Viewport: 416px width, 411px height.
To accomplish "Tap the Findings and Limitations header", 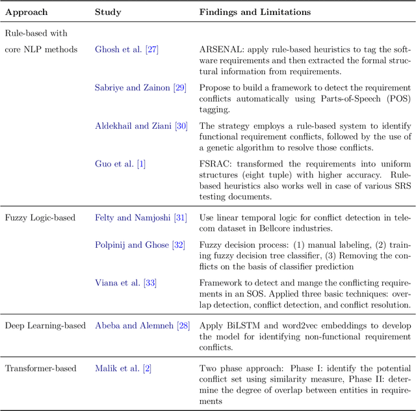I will coord(254,12).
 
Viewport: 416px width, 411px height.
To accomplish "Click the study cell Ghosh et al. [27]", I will coord(127,49).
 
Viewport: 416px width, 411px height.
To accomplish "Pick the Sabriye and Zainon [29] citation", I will coord(141,88).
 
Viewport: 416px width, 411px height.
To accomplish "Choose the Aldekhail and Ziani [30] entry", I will coord(141,126).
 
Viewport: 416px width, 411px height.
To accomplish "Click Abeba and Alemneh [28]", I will coord(142,325).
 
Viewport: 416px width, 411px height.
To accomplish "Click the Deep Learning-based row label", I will coord(45,325).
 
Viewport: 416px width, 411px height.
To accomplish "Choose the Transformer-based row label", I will coord(41,369).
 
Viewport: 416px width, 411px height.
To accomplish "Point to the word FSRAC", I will coord(216,165).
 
